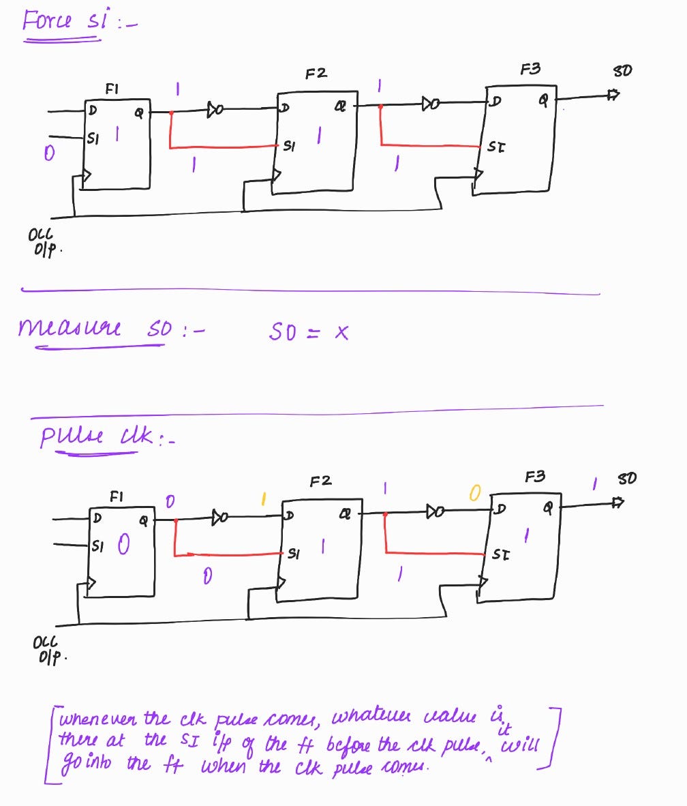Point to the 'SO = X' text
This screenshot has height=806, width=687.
click(x=309, y=333)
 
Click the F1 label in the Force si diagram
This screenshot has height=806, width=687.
click(x=112, y=89)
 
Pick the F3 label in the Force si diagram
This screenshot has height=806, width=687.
click(x=530, y=70)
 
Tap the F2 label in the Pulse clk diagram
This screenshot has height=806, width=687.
click(x=320, y=481)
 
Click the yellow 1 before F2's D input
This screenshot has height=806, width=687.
click(x=263, y=501)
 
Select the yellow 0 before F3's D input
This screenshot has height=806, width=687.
click(x=475, y=492)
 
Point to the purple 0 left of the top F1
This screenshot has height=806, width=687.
click(x=48, y=154)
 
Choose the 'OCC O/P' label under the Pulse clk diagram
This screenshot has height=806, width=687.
click(x=48, y=650)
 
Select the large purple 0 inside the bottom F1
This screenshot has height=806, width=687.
click(x=123, y=546)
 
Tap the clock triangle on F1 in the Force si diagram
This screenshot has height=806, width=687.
click(x=87, y=176)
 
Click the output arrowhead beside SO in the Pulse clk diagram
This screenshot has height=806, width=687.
click(x=617, y=503)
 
